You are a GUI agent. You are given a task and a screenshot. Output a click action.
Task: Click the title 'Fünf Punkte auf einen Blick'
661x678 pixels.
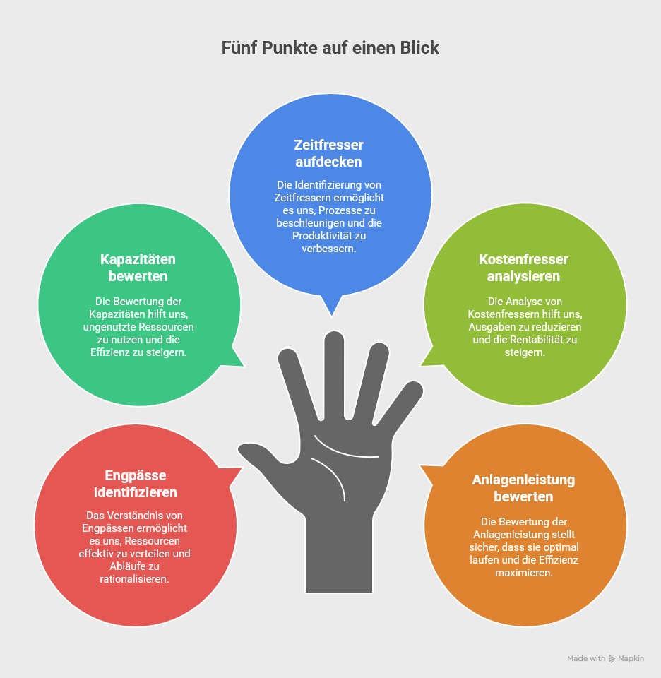(x=330, y=48)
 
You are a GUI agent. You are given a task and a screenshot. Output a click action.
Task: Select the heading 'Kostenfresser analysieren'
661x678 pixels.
(x=523, y=268)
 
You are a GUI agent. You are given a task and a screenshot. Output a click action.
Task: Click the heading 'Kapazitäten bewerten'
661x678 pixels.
(x=138, y=268)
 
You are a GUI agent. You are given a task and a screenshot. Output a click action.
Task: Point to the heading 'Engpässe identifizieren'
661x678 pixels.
(x=136, y=484)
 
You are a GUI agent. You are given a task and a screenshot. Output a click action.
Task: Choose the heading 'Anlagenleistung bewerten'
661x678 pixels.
(x=523, y=488)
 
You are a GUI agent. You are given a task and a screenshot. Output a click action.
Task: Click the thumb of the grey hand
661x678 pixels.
(x=258, y=452)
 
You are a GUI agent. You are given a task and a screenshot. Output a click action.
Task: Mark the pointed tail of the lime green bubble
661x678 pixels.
(x=428, y=360)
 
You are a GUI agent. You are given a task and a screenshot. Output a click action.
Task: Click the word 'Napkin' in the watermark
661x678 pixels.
(x=631, y=658)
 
